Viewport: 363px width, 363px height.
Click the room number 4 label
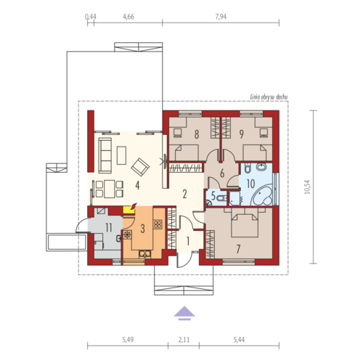[137, 185]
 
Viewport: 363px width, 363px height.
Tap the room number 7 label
[238, 249]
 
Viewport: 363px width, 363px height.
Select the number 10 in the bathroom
[250, 184]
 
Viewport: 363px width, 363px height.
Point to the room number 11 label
[109, 228]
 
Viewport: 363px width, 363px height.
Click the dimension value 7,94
[221, 17]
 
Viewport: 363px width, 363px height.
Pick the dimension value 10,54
[307, 187]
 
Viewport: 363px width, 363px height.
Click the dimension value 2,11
[184, 340]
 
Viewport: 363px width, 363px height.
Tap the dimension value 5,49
[128, 340]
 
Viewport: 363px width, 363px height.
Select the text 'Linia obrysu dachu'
[269, 97]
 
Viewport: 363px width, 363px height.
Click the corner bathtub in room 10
[262, 195]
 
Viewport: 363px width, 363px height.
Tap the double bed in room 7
[245, 223]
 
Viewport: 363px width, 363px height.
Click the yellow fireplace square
[129, 210]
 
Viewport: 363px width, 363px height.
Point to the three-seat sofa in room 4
[105, 155]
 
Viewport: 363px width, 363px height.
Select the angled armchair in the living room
[140, 167]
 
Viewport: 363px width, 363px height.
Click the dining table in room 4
[110, 189]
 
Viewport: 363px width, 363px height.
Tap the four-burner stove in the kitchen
[158, 224]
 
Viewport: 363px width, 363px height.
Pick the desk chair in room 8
[178, 133]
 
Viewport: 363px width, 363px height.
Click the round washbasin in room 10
[261, 167]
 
